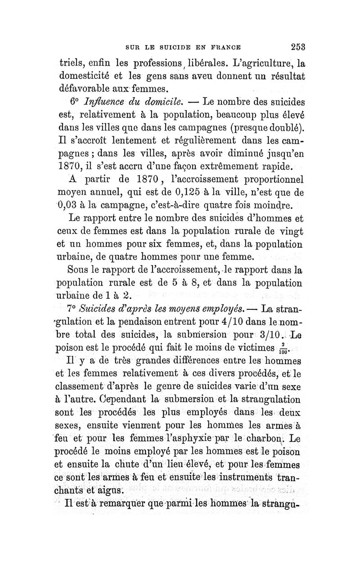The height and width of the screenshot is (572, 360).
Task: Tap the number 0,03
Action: point(70,208)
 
